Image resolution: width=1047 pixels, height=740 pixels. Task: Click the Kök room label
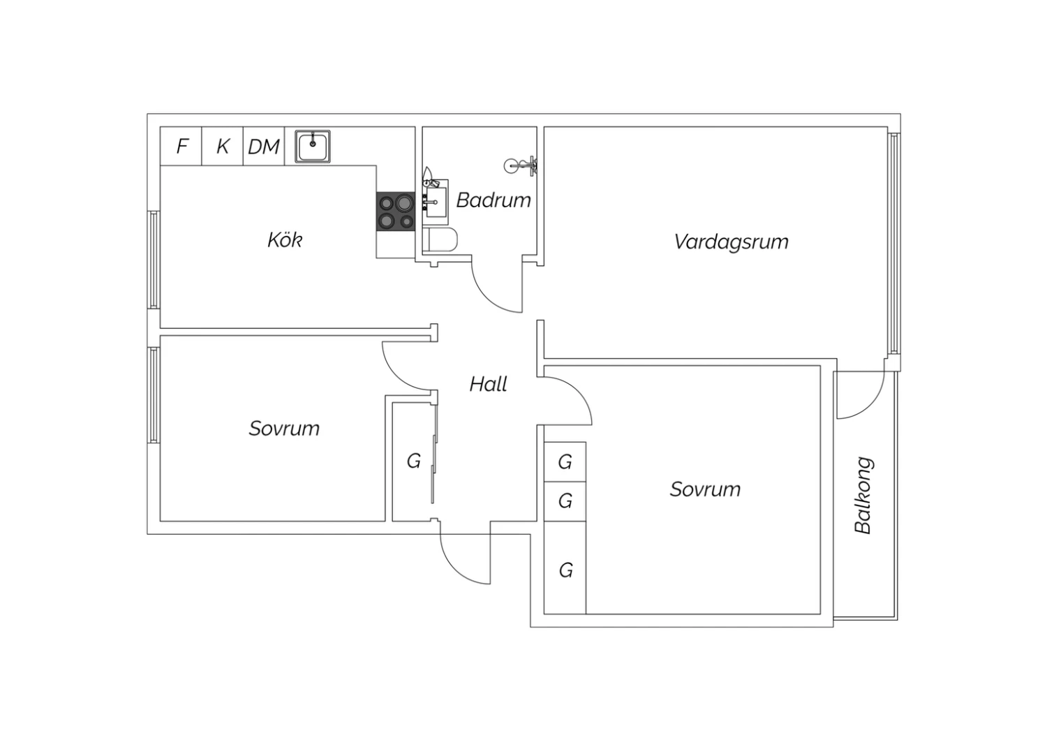click(285, 240)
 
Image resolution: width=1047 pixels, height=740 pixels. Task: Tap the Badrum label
click(493, 200)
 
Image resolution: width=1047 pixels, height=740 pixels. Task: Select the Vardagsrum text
click(732, 242)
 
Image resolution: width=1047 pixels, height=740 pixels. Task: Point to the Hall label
click(489, 384)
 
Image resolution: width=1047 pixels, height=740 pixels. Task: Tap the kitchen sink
click(313, 147)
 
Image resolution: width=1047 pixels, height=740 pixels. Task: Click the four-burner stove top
click(396, 212)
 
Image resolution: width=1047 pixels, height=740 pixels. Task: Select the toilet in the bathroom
click(440, 240)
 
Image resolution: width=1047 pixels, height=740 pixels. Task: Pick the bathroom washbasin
click(435, 202)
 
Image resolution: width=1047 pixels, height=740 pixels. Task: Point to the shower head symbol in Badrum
click(520, 165)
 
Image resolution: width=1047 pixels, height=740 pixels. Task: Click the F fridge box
click(181, 146)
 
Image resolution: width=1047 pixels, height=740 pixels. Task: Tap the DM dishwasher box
click(264, 146)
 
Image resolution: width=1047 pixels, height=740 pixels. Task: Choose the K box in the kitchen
click(223, 146)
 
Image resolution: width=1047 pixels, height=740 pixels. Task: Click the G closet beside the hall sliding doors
click(413, 461)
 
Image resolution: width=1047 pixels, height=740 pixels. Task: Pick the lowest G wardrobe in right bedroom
click(565, 568)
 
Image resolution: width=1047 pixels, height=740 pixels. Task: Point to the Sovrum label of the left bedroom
click(284, 428)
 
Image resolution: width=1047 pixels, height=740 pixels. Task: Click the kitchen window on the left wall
click(154, 260)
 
